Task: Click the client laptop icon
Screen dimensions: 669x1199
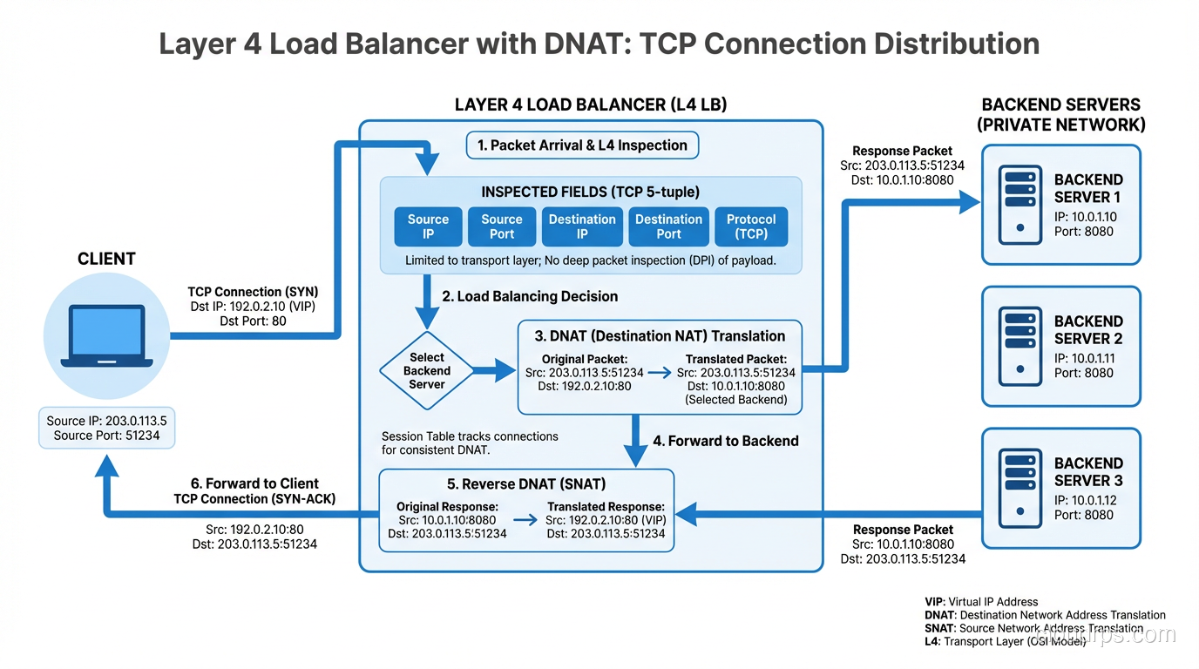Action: point(106,335)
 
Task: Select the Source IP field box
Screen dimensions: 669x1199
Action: point(428,226)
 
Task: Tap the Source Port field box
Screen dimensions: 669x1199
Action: point(501,226)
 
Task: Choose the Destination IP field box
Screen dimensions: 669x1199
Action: point(581,226)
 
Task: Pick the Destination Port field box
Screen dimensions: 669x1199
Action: point(668,226)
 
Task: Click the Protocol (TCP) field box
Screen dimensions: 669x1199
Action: point(751,226)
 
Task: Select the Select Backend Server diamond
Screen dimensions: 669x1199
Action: point(427,371)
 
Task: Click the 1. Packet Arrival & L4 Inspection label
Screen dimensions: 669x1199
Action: point(582,145)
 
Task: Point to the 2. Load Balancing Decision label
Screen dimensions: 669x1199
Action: point(530,296)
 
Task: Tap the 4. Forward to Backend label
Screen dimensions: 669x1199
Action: point(725,441)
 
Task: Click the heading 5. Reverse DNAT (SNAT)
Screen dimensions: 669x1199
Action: point(525,483)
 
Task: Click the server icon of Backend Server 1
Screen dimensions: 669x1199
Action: point(1018,204)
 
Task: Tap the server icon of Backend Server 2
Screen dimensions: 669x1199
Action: point(1018,346)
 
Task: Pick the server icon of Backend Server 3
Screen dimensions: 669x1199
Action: point(1018,488)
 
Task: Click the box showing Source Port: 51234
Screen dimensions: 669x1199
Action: point(106,428)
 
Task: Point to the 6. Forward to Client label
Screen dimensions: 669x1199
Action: point(254,483)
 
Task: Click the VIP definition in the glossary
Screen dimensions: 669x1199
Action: point(981,602)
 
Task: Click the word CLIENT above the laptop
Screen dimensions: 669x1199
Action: point(106,259)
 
